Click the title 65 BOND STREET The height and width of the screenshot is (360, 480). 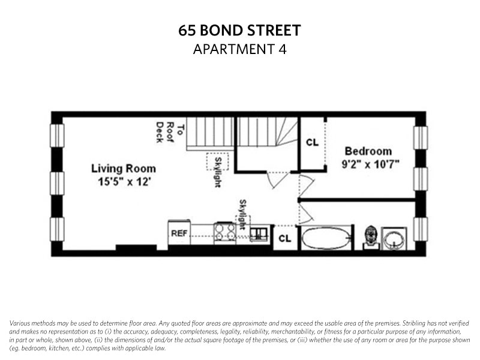[x=239, y=31]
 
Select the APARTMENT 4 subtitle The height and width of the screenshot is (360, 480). [x=239, y=49]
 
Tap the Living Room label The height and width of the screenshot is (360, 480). [x=124, y=169]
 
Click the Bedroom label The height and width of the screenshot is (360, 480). [x=368, y=151]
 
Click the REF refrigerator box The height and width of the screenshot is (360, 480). [x=179, y=233]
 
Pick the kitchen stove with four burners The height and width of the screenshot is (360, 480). [x=225, y=232]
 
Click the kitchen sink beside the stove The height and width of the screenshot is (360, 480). [x=260, y=233]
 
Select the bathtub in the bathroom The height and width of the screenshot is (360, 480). [x=325, y=238]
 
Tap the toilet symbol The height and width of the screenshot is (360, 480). [x=371, y=236]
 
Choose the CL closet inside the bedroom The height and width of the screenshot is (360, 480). [x=312, y=143]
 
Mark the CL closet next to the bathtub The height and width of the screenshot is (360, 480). [x=285, y=238]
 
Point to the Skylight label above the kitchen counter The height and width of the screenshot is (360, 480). [x=243, y=214]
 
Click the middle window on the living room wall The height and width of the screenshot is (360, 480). [x=56, y=183]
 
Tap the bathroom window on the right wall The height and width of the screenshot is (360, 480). [x=421, y=229]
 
